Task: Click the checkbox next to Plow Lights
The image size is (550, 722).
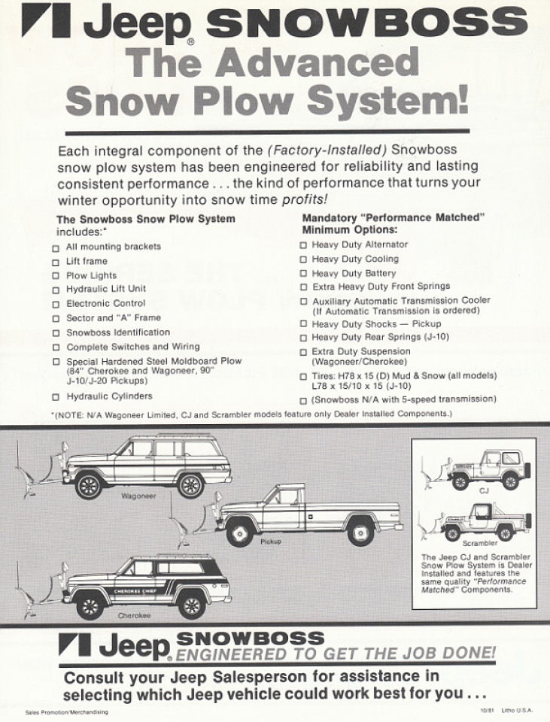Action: coord(56,276)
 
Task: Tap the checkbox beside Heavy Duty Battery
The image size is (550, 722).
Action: coord(303,273)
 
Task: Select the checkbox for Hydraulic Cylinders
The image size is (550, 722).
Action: coord(56,396)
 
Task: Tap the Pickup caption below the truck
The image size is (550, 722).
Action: coord(270,542)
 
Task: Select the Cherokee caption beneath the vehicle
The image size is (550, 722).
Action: coord(134,615)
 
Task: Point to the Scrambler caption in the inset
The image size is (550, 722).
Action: coord(479,543)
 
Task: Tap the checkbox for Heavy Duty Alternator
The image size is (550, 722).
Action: coord(303,245)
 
